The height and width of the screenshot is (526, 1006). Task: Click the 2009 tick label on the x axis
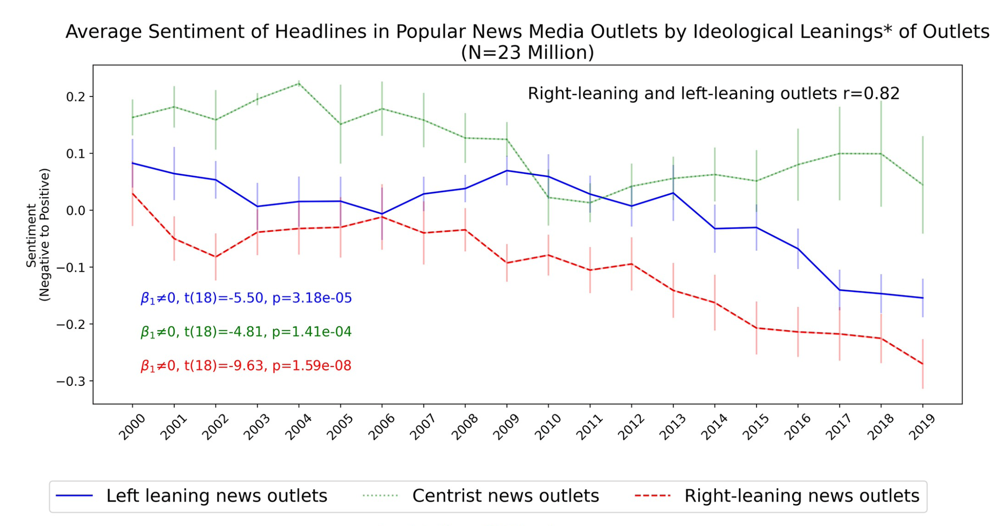point(506,427)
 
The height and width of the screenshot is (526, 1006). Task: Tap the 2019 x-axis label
point(922,427)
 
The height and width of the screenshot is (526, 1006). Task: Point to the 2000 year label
point(132,427)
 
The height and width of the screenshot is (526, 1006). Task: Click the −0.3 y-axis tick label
point(71,381)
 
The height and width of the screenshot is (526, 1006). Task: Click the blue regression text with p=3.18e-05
point(246,298)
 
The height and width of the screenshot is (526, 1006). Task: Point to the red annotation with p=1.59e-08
point(246,366)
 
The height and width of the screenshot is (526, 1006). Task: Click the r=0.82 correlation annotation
point(713,93)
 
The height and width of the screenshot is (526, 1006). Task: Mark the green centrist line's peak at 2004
point(299,84)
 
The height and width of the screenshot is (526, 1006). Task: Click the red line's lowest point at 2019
point(923,364)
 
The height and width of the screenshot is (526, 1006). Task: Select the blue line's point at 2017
point(839,290)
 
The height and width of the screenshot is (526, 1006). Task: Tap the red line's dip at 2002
point(215,257)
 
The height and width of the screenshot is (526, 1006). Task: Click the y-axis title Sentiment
point(31,235)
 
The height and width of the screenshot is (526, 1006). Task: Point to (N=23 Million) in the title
point(527,53)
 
